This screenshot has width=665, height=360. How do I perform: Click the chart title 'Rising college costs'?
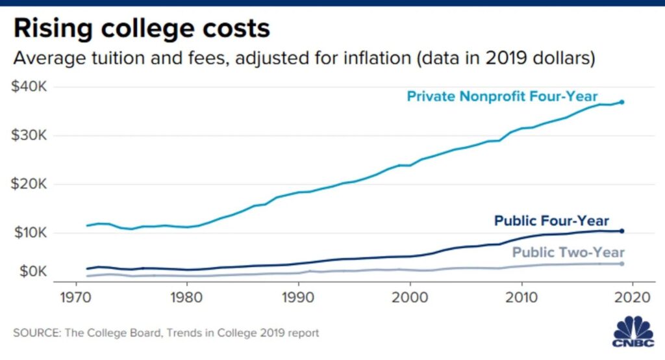[142, 29]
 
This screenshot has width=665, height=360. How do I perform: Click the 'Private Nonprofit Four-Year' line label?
[502, 97]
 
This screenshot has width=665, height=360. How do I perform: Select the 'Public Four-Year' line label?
[552, 221]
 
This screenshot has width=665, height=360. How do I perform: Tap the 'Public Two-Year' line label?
[568, 253]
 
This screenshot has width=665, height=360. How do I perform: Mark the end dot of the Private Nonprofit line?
[621, 102]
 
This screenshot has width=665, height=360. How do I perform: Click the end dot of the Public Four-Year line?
[621, 231]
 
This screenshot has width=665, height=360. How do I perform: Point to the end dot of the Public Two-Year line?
[621, 263]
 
